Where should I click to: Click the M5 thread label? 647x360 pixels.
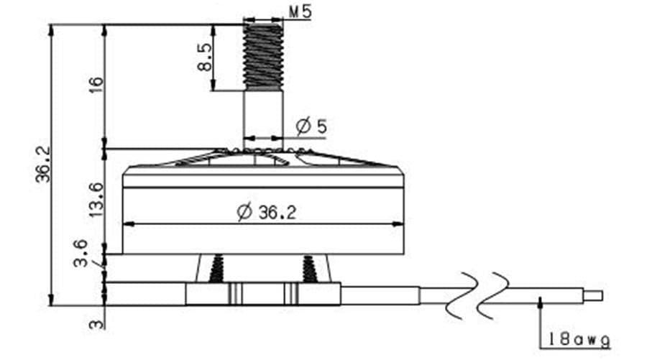tap(300, 11)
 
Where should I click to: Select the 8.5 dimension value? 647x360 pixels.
tap(204, 57)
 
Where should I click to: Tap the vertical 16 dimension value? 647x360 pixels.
tap(96, 85)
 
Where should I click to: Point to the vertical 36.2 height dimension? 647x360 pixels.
tap(42, 164)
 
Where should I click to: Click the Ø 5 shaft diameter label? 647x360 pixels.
tap(311, 126)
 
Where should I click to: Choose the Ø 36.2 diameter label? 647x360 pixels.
tap(267, 213)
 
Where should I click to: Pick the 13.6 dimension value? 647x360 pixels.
tap(96, 200)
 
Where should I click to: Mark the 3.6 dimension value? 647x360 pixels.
tap(81, 254)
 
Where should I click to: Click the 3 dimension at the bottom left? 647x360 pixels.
tap(96, 323)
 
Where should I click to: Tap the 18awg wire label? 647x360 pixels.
tap(579, 339)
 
